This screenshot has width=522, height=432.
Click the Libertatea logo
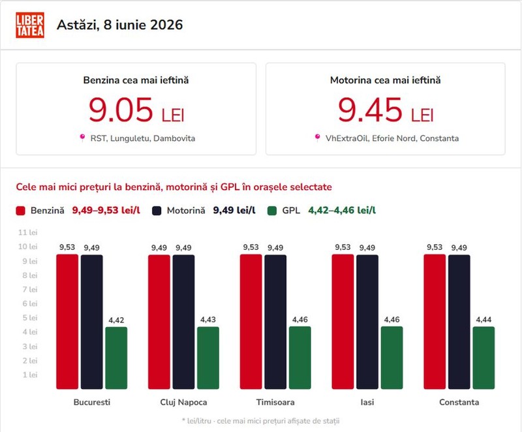30,25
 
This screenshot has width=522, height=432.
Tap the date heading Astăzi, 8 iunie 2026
120,25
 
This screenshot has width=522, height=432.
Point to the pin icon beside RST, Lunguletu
82,138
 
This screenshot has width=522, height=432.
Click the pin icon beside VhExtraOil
317,138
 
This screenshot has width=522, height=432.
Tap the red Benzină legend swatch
21,211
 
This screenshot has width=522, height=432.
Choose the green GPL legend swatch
272,211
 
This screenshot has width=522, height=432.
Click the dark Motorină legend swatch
157,211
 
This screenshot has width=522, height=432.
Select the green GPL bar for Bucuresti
116,358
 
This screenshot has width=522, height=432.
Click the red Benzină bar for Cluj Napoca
159,322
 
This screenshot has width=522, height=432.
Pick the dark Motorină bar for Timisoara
275,322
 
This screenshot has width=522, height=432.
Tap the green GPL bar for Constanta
484,358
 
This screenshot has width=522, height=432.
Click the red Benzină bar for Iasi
343,322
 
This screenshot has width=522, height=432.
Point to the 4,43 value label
208,320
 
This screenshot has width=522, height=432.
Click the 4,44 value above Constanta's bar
484,320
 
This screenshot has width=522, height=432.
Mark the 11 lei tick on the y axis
27,232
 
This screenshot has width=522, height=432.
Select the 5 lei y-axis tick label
29,318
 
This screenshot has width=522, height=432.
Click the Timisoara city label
275,402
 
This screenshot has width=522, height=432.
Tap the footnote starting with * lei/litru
260,421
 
